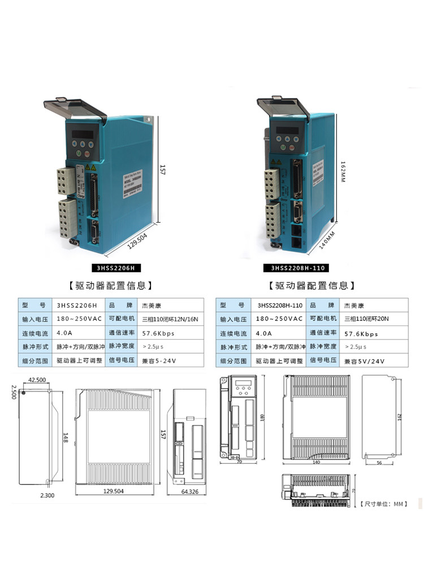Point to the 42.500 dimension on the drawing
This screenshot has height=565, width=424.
(x=37, y=380)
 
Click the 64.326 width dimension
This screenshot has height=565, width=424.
(x=190, y=493)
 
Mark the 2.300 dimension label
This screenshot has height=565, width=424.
(x=47, y=495)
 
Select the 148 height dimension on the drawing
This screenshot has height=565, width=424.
(x=65, y=438)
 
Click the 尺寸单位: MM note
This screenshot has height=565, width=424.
(x=384, y=503)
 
